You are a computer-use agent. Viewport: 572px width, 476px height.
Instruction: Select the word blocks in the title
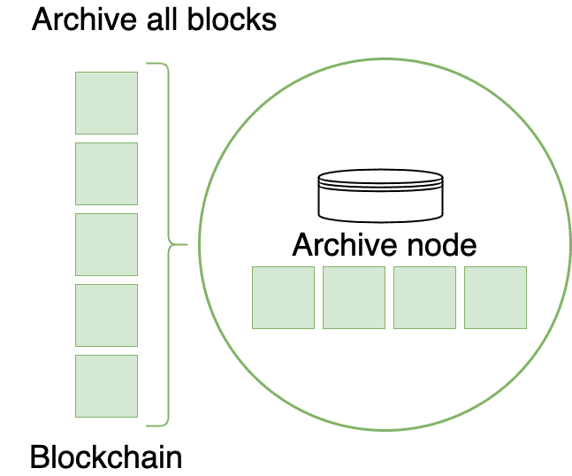(x=233, y=19)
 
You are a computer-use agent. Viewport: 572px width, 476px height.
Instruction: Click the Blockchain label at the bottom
(x=106, y=457)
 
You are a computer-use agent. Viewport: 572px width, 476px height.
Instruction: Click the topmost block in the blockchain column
(x=107, y=103)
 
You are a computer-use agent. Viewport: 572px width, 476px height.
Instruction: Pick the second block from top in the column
(x=107, y=173)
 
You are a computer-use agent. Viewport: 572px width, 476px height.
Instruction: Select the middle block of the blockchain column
(x=107, y=244)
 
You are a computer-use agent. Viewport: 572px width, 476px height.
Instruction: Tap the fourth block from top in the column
(x=107, y=315)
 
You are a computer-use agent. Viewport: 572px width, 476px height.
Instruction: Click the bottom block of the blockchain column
(x=107, y=386)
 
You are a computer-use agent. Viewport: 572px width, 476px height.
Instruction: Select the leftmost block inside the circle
(x=284, y=297)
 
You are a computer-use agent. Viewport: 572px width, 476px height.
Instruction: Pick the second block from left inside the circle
(x=355, y=297)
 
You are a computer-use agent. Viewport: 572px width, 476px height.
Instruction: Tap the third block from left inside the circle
(x=425, y=297)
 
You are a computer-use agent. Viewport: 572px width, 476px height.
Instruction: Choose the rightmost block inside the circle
(x=496, y=297)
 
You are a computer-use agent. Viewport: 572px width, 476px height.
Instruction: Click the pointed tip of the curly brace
(x=186, y=244)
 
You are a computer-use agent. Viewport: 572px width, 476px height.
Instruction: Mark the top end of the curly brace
(x=149, y=64)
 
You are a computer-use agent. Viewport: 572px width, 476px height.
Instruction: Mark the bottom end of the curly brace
(x=149, y=425)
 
